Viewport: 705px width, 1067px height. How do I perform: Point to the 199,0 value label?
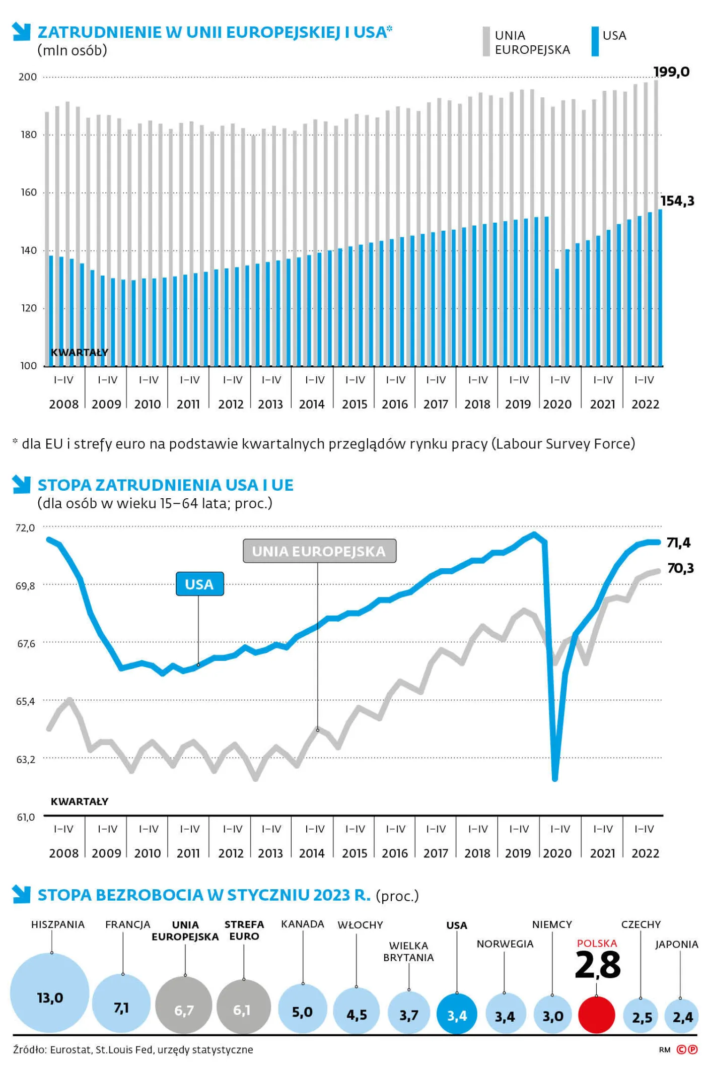click(671, 72)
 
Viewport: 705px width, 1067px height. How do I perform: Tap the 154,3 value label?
click(677, 201)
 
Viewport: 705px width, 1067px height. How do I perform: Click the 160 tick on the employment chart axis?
click(28, 192)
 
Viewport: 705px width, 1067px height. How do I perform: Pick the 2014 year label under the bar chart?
click(312, 404)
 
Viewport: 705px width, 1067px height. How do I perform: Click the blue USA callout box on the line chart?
click(199, 584)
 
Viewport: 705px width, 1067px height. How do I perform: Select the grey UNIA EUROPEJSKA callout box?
click(319, 551)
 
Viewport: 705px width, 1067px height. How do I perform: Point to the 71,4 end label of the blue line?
click(678, 543)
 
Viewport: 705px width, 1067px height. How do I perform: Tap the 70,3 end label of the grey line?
click(680, 568)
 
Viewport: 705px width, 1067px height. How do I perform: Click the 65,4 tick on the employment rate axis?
click(25, 701)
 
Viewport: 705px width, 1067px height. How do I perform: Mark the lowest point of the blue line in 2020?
click(555, 778)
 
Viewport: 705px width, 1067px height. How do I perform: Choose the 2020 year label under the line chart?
click(557, 853)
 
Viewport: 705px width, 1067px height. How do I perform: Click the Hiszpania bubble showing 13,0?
click(50, 993)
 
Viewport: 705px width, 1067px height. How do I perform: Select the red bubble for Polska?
click(597, 1014)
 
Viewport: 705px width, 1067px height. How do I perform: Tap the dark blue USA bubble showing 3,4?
click(457, 1014)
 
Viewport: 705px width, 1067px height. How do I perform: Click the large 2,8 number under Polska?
click(598, 965)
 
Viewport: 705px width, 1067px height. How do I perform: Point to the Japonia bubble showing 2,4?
click(681, 1017)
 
